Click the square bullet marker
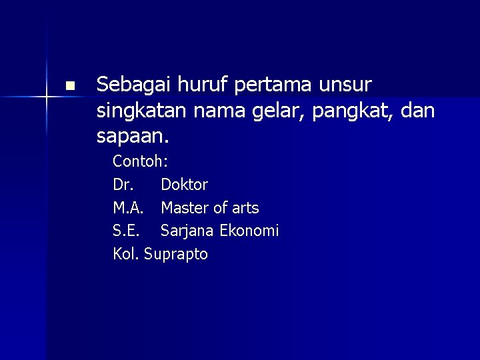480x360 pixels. pos(70,86)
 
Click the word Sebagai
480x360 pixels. pos(130,85)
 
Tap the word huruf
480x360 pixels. pos(192,85)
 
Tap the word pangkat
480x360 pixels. pos(358,111)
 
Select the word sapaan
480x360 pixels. pos(133,137)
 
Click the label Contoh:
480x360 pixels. pos(140,161)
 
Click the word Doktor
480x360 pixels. pos(185,184)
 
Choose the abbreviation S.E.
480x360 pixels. pos(125,231)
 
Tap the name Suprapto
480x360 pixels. pos(176,255)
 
